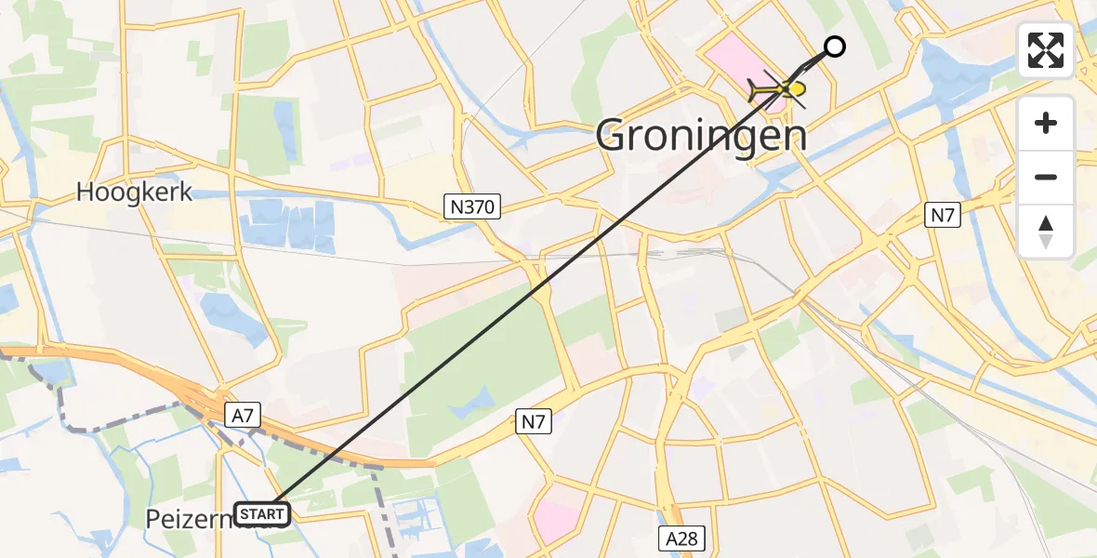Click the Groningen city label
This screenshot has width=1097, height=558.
(701, 137)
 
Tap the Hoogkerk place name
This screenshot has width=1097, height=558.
(134, 193)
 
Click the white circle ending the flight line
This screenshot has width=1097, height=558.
(835, 46)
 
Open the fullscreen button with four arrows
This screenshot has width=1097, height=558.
(1046, 50)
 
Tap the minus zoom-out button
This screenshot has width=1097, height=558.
(1046, 177)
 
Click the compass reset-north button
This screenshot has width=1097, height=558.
(1046, 231)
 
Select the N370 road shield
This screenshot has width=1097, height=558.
(472, 206)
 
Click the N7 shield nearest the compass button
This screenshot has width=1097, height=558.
(945, 214)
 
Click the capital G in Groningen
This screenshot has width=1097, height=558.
(615, 137)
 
